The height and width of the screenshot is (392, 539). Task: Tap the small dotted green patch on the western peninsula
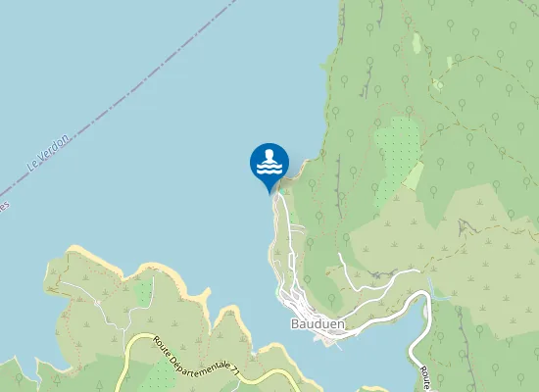pos(144,291)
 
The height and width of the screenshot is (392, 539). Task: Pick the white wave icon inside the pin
pos(269,162)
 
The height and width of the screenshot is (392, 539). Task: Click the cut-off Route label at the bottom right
pos(427,377)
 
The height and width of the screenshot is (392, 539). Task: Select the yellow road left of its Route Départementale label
pos(130,353)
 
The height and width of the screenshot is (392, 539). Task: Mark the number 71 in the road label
pos(235,369)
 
